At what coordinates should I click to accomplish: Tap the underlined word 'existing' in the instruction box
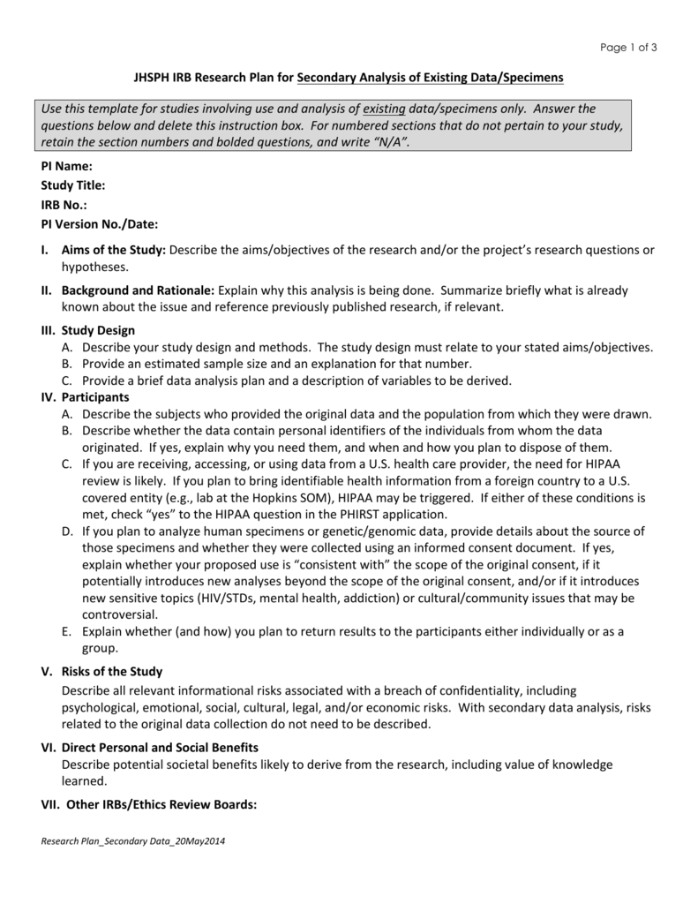pyautogui.click(x=385, y=109)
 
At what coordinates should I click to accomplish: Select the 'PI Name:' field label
pyautogui.click(x=66, y=166)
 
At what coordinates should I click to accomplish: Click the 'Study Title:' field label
pyautogui.click(x=73, y=185)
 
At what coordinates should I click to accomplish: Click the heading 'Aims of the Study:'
pyautogui.click(x=114, y=250)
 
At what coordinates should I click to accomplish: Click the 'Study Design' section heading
pyautogui.click(x=99, y=330)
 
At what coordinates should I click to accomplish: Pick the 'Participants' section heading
pyautogui.click(x=95, y=397)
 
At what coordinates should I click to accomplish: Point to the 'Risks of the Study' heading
pyautogui.click(x=113, y=672)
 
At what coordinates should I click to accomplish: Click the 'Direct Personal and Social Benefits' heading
pyautogui.click(x=160, y=748)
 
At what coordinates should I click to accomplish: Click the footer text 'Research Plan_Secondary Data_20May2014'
pyautogui.click(x=133, y=841)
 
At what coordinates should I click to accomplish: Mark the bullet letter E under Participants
pyautogui.click(x=66, y=632)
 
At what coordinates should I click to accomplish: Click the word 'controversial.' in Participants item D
pyautogui.click(x=120, y=614)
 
